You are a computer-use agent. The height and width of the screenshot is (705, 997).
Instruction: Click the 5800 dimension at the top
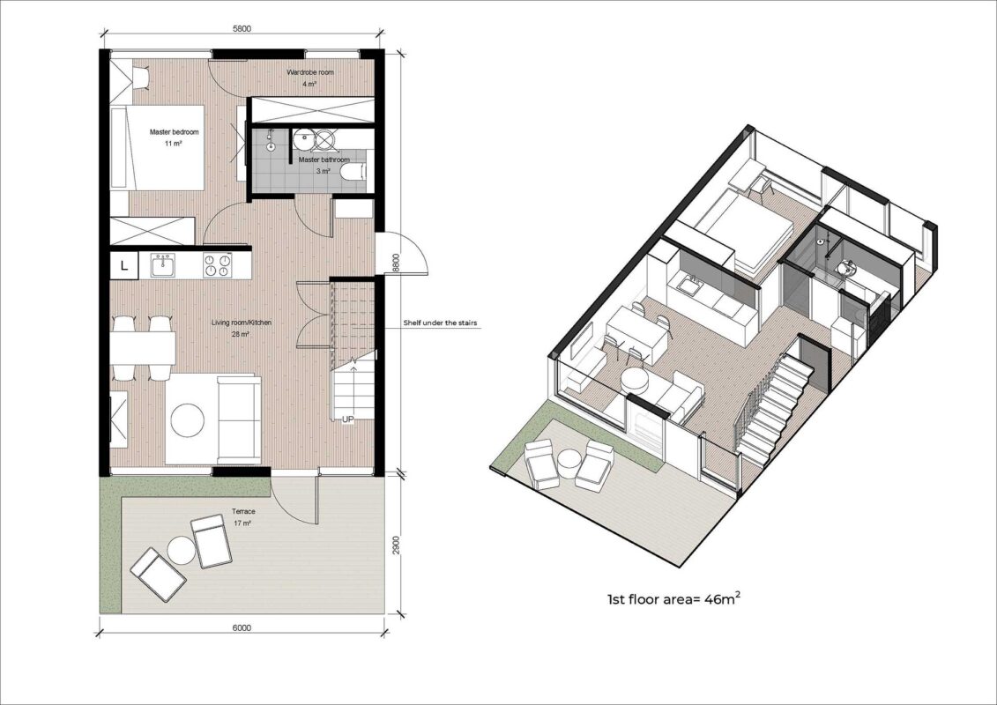[242, 28]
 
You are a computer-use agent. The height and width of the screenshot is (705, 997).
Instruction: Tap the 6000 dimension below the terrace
[242, 628]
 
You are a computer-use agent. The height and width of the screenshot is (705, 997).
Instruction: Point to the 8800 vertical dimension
[396, 263]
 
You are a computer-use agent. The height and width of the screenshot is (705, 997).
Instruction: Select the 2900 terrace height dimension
[396, 545]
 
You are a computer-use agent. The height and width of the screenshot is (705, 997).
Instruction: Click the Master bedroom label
[174, 131]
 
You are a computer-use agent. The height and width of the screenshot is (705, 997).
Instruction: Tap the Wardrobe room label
[309, 72]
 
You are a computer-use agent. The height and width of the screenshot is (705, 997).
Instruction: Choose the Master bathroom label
[324, 160]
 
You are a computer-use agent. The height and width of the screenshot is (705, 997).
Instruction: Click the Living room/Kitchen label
[242, 323]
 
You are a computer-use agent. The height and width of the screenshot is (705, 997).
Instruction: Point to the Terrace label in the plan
[243, 512]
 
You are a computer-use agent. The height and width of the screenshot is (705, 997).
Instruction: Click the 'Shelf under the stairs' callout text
[440, 323]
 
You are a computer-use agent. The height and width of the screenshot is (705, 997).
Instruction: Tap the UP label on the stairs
[348, 419]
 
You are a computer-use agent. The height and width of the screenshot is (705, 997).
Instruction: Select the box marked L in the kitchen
[124, 266]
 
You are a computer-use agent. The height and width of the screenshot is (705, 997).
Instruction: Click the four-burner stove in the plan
[218, 265]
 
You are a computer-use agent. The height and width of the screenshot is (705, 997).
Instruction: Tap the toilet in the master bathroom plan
[353, 172]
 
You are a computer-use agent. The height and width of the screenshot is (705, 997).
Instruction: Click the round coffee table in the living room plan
[188, 420]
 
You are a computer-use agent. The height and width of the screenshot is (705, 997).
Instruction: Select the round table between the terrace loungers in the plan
[180, 551]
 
